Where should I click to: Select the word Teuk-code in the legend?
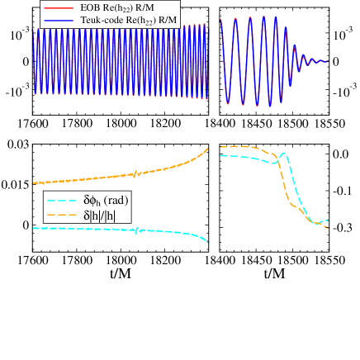click(105, 19)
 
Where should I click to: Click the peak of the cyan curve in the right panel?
click(283, 153)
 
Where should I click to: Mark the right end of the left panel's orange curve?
click(208, 148)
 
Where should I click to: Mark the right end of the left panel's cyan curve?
click(208, 243)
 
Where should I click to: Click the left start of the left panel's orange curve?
click(33, 183)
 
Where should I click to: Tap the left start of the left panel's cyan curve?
click(33, 227)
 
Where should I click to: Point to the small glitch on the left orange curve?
click(134, 173)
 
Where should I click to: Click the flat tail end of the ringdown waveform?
click(328, 61)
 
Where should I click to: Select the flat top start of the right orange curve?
click(220, 147)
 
